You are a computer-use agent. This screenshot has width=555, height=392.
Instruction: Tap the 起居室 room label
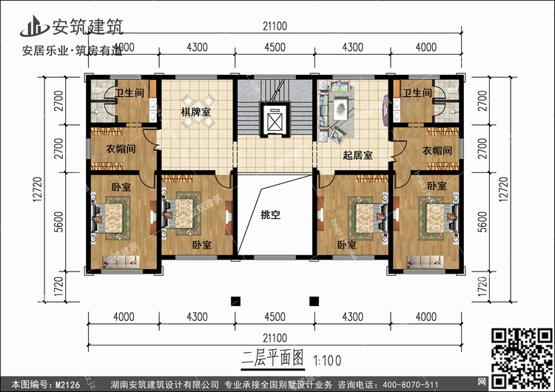tap(357, 155)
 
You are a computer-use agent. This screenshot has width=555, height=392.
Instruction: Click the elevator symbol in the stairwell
tap(274, 120)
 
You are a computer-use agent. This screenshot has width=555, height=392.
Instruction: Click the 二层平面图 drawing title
tap(273, 359)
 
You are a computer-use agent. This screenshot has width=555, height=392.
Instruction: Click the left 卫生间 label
tap(128, 93)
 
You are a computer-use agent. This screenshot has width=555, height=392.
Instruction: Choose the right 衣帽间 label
tap(435, 150)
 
